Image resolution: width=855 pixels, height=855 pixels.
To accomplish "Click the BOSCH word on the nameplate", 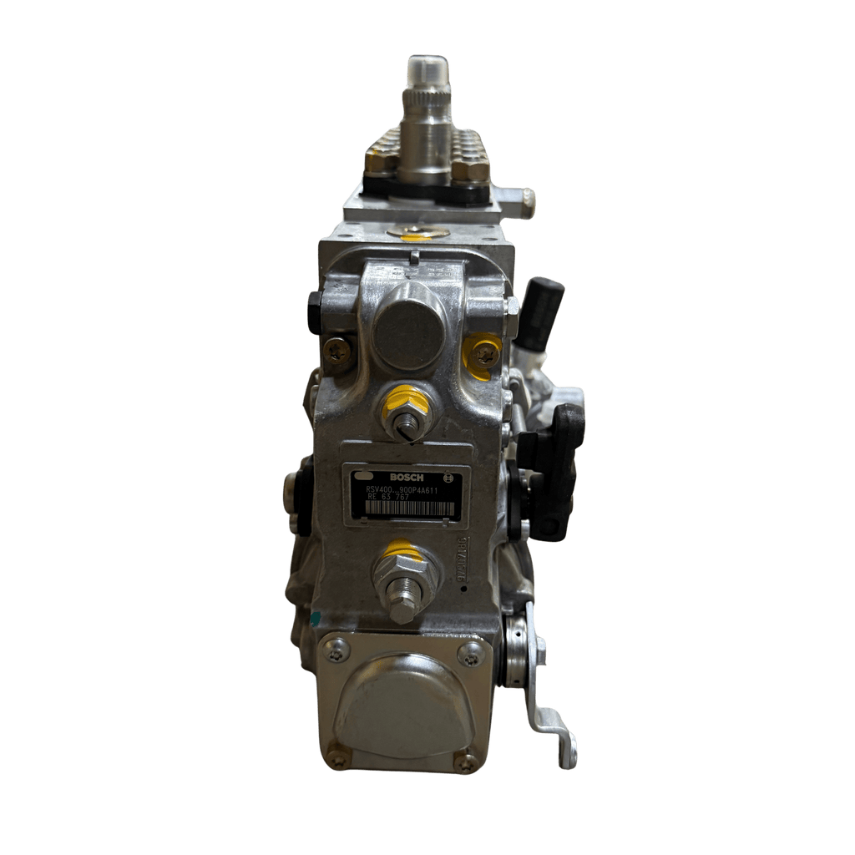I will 406,476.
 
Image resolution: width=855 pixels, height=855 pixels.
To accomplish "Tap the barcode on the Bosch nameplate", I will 404,508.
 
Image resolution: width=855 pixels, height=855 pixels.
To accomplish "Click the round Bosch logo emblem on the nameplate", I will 448,478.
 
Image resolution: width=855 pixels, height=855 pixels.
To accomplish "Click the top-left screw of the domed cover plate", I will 336,649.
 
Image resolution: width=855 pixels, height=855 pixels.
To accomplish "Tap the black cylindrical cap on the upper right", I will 543,306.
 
